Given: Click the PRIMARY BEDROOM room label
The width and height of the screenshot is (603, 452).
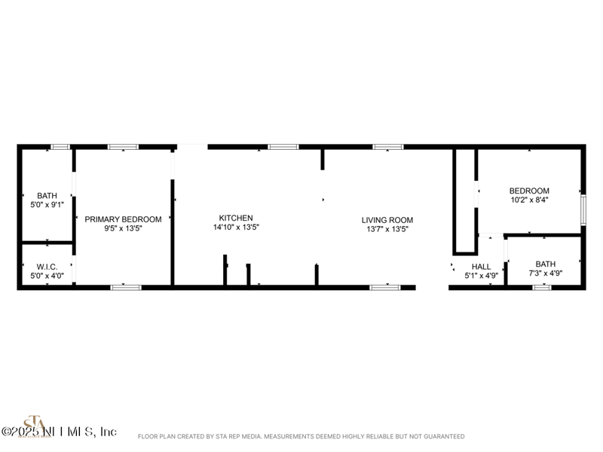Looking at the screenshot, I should tap(123, 219).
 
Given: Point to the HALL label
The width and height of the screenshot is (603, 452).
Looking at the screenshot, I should tap(481, 267).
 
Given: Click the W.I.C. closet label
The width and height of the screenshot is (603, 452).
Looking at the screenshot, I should tap(47, 267).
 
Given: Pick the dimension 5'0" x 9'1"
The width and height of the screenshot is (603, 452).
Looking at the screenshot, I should tap(47, 204).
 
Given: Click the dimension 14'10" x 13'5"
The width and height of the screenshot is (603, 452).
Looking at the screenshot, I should tap(236, 228).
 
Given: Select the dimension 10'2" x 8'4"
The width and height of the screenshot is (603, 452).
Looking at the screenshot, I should tap(529, 200).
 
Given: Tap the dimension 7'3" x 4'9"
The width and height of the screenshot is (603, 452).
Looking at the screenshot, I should tap(545, 273).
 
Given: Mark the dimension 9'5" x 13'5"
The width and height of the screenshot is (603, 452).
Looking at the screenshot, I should tap(123, 228).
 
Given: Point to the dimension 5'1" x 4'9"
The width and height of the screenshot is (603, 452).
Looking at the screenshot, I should tap(481, 276).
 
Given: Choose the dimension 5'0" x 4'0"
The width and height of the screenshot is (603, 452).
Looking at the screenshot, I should tap(47, 276).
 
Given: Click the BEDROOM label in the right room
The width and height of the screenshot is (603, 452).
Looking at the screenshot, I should tap(529, 191).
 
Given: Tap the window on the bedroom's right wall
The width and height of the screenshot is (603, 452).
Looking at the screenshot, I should tap(583, 209).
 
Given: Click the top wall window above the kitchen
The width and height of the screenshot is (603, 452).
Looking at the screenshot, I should tap(283, 147).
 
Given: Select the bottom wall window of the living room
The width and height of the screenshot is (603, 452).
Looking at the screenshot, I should tap(384, 287).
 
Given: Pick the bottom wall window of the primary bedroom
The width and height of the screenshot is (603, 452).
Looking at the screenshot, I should tap(126, 287).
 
